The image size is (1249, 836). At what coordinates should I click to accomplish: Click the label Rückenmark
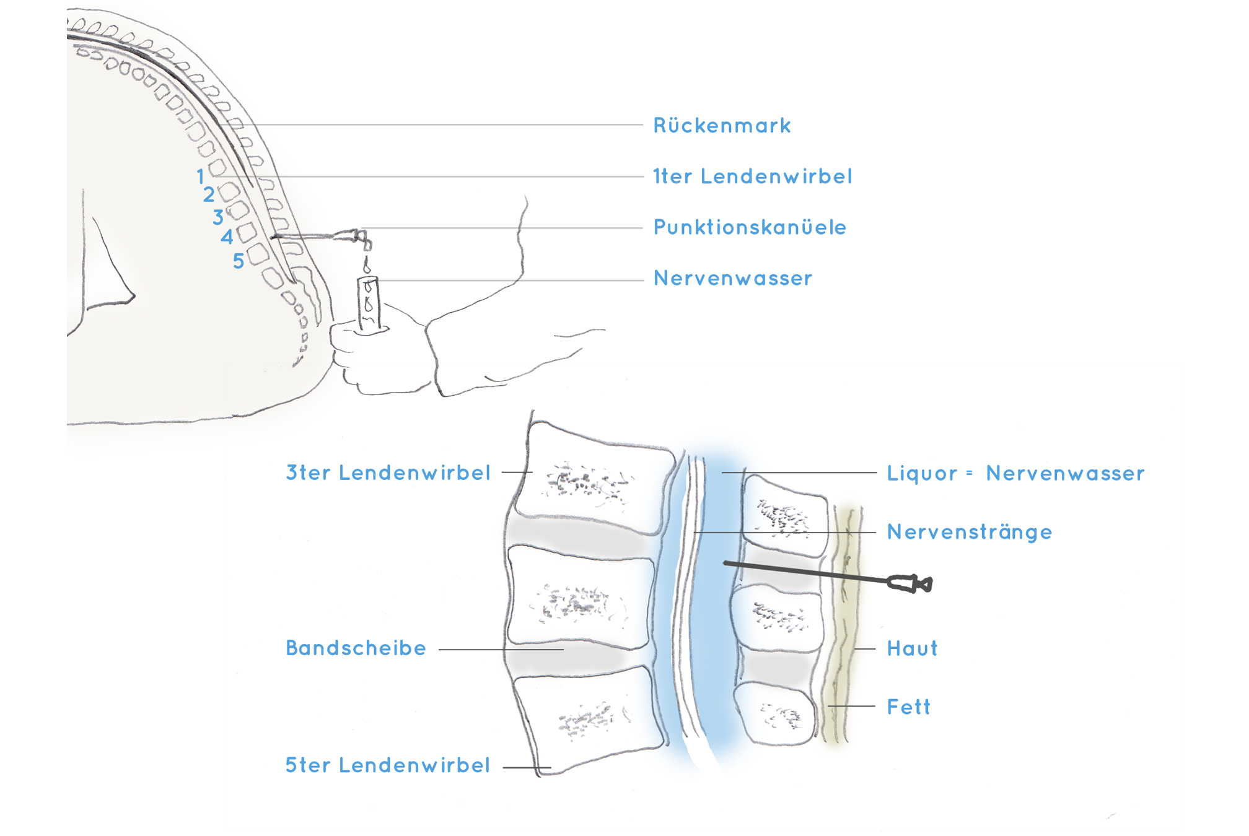click(722, 126)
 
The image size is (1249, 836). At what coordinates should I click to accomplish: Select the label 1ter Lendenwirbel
click(752, 176)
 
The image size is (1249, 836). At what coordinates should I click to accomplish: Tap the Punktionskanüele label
click(750, 227)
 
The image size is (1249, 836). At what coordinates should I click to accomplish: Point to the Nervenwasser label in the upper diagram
click(732, 279)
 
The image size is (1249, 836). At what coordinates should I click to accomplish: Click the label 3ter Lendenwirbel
click(388, 473)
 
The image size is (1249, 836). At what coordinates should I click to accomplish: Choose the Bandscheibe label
click(356, 648)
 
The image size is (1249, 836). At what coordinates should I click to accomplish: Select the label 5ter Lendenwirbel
click(388, 765)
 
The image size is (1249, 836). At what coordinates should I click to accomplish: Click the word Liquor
click(922, 474)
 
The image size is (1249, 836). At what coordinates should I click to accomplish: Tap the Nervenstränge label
click(969, 532)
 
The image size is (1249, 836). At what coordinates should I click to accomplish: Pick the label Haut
click(912, 648)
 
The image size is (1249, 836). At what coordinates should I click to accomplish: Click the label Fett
click(908, 707)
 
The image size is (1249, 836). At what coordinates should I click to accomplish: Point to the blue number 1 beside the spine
click(200, 176)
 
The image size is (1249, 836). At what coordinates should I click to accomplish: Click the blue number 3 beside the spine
click(218, 217)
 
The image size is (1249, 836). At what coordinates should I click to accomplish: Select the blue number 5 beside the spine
click(239, 261)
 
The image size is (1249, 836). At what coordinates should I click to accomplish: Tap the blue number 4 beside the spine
click(227, 237)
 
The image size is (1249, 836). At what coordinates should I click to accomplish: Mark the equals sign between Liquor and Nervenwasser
click(970, 473)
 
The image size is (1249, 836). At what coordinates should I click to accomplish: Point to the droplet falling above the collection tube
click(367, 268)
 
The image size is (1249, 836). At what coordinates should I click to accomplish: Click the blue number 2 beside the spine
click(209, 195)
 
